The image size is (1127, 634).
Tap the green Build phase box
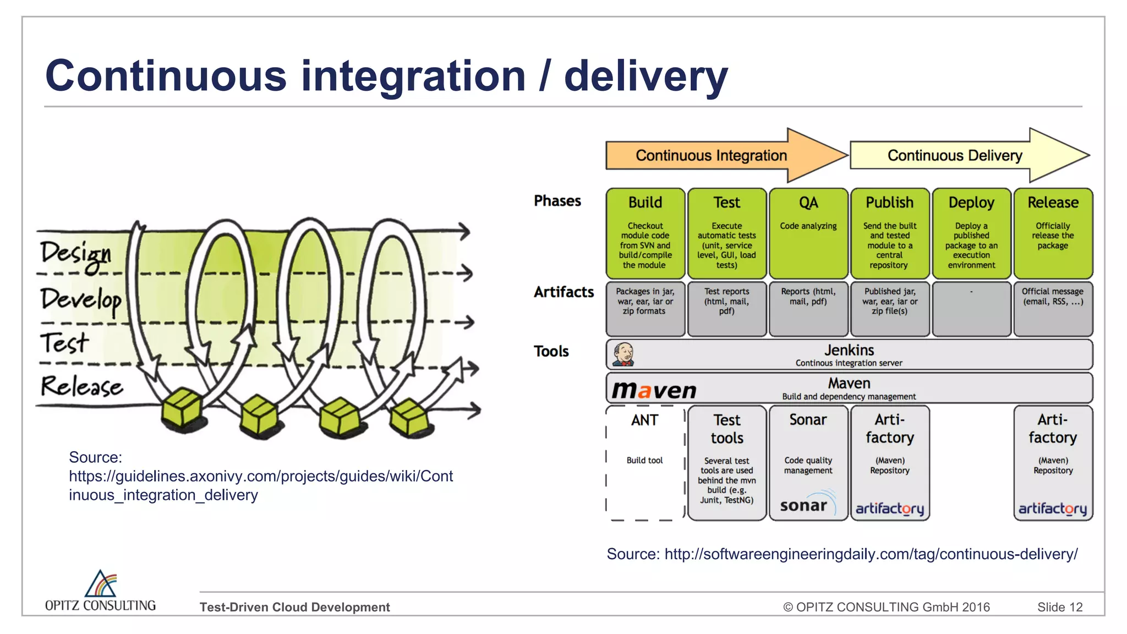(x=645, y=233)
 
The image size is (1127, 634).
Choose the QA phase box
(x=808, y=233)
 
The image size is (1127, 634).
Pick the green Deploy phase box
(x=971, y=233)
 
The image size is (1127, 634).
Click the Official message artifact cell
(x=1053, y=308)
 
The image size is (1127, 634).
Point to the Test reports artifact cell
(x=726, y=308)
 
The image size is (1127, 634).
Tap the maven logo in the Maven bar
(x=654, y=390)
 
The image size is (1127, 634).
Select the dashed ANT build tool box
(x=645, y=462)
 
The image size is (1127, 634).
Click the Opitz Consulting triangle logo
(x=101, y=584)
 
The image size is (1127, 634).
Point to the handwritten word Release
(x=81, y=386)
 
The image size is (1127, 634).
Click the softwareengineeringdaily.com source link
(x=871, y=554)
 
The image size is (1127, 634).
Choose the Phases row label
(x=557, y=201)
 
